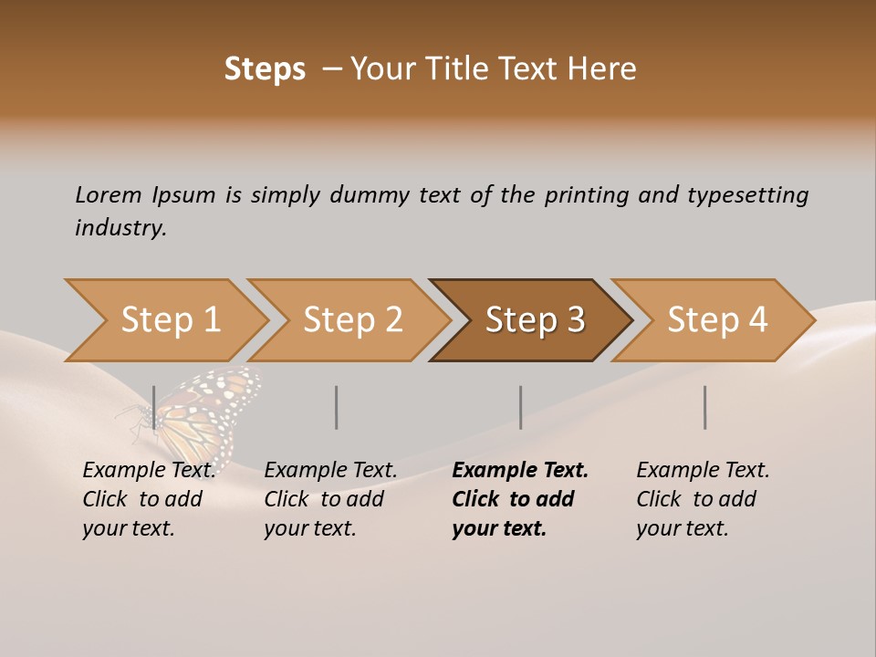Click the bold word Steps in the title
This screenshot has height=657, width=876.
(x=265, y=69)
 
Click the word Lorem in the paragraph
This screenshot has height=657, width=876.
(x=108, y=194)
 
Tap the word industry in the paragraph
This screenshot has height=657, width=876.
(x=120, y=227)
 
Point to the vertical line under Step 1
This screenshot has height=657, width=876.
(x=154, y=407)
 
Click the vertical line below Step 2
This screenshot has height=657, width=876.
(x=337, y=407)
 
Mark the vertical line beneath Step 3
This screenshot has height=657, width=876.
(x=521, y=407)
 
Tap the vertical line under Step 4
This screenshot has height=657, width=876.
(x=705, y=407)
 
